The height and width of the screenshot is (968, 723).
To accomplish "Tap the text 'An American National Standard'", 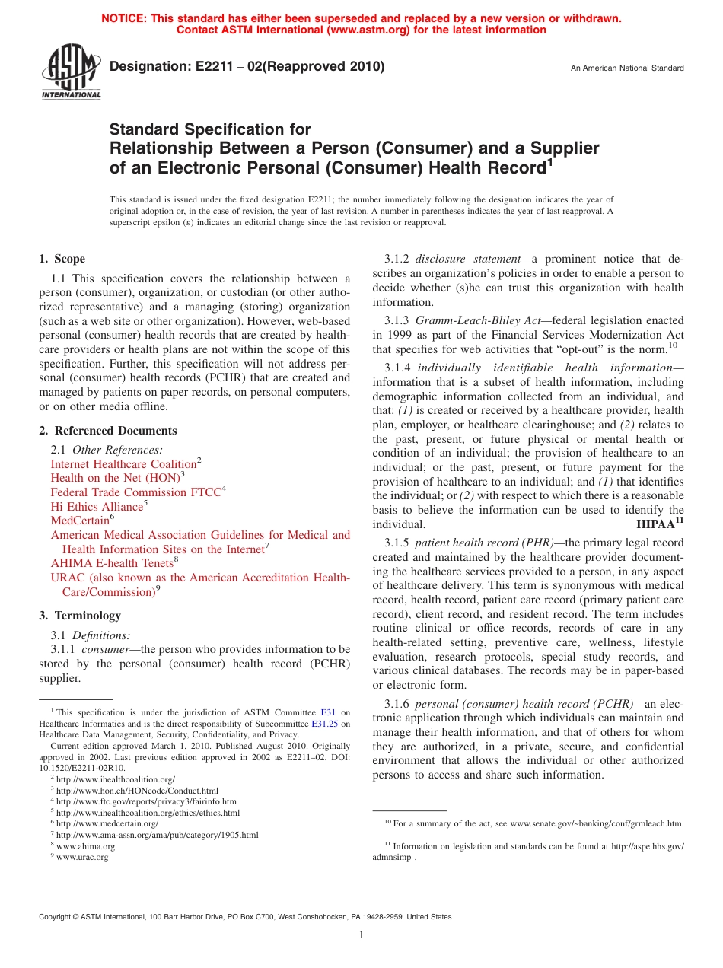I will click(x=627, y=68).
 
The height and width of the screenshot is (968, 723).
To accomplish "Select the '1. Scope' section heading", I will click(x=62, y=259).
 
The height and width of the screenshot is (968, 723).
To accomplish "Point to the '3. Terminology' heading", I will click(x=80, y=616).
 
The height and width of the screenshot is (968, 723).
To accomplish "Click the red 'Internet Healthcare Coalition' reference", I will click(x=123, y=464).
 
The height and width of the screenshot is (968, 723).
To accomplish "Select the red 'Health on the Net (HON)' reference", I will click(x=115, y=478).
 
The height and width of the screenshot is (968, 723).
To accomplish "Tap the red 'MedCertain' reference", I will click(x=79, y=521).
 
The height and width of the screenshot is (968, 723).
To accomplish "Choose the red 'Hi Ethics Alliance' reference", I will click(x=97, y=507).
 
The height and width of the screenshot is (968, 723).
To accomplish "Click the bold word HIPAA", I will click(x=655, y=524).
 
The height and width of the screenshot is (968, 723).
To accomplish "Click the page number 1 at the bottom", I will click(x=361, y=935).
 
